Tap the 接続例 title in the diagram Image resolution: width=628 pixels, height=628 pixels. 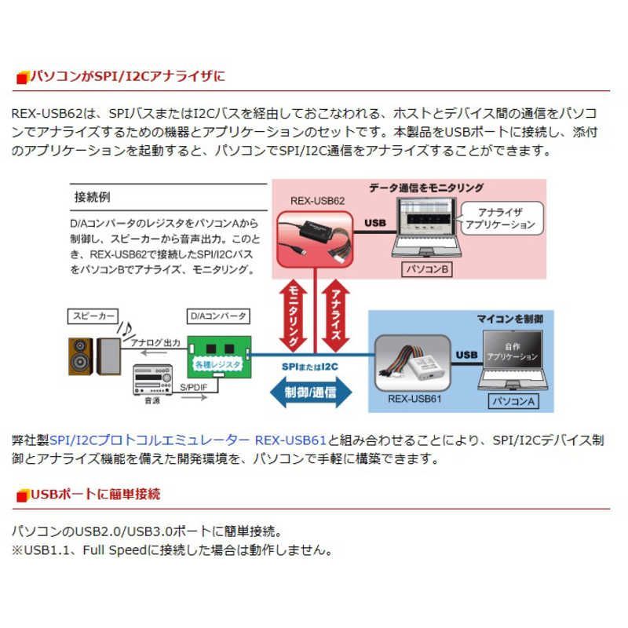point(90,195)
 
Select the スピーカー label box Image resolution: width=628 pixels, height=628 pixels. point(93,316)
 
